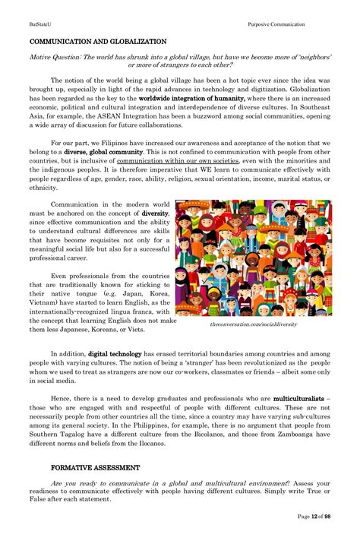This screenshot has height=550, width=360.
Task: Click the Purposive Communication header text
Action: pyautogui.click(x=276, y=24)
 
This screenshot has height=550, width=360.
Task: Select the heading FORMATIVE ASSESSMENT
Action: pyautogui.click(x=95, y=467)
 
